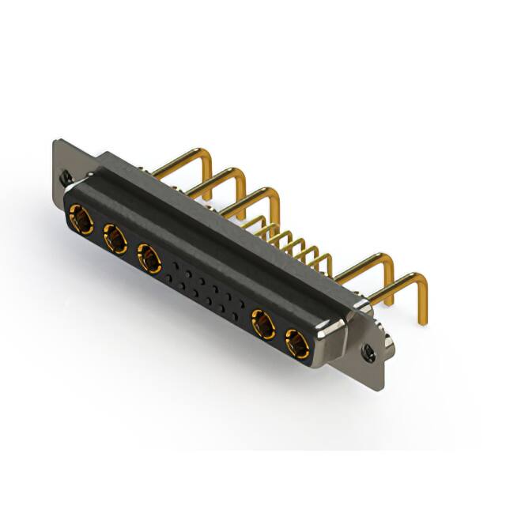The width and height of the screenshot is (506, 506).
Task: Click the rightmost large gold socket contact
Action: click(x=296, y=344)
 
